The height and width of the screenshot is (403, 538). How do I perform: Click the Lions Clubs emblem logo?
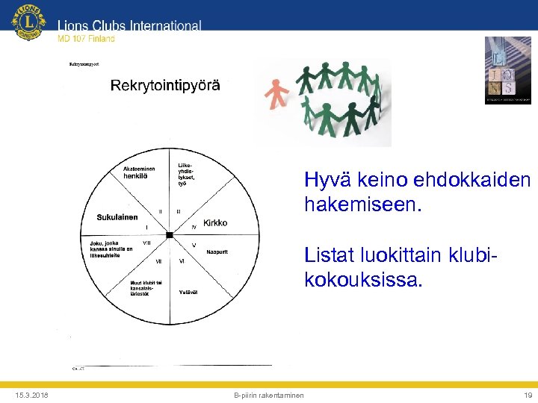click(x=28, y=22)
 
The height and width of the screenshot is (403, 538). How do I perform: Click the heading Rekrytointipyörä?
click(x=165, y=85)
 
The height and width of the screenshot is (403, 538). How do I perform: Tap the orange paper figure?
click(x=276, y=93)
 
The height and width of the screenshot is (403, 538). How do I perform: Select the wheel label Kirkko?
click(x=215, y=223)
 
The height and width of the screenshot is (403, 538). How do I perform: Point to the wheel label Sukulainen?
click(x=117, y=217)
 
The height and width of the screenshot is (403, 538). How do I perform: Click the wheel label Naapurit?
click(x=217, y=252)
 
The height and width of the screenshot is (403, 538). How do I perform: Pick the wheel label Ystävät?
click(x=188, y=292)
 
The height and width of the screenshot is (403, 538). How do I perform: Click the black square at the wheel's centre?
click(x=170, y=235)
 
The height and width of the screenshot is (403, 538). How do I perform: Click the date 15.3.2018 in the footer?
click(x=30, y=395)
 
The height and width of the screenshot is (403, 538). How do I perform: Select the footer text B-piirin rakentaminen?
click(x=269, y=395)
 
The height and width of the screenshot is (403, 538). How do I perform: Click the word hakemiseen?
click(x=363, y=203)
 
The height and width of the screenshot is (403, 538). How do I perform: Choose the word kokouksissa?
click(x=363, y=281)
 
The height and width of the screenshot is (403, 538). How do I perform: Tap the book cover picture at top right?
click(x=507, y=70)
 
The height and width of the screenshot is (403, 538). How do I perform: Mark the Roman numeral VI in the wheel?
click(x=182, y=261)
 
